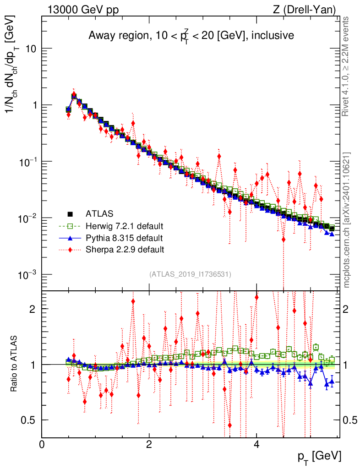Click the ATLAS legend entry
(99, 213)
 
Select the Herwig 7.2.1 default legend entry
(124, 226)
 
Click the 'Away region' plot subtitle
(191, 36)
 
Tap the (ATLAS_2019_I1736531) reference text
(190, 274)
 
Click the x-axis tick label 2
(149, 444)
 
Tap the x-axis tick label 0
(42, 444)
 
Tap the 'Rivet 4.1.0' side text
(347, 66)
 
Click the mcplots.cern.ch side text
(347, 220)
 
